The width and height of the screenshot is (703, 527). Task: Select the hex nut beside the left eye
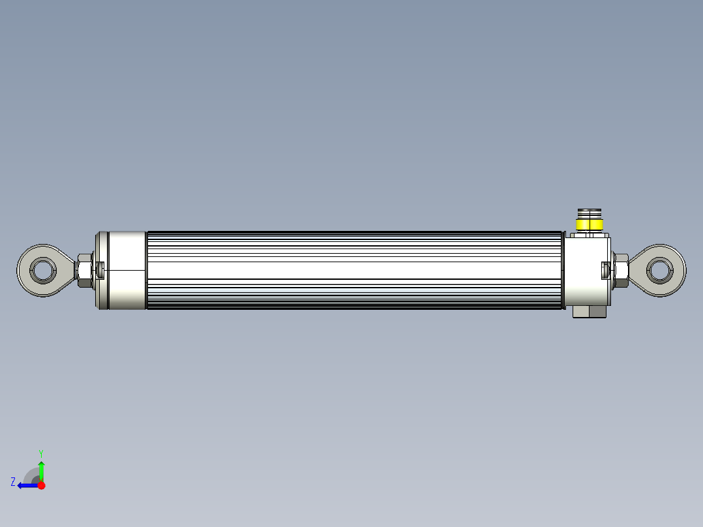click(x=84, y=270)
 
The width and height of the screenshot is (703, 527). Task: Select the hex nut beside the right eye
click(x=620, y=270)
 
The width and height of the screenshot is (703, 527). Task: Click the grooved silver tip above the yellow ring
click(x=588, y=214)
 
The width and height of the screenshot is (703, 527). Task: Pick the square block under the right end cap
click(x=589, y=312)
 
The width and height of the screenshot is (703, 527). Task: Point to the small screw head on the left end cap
click(x=100, y=269)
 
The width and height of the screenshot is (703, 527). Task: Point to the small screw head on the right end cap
click(x=605, y=269)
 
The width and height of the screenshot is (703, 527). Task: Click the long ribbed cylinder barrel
click(x=355, y=270)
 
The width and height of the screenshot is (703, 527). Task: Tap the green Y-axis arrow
click(x=41, y=470)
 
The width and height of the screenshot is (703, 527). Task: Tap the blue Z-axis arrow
click(x=26, y=485)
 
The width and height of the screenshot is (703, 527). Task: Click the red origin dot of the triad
click(x=41, y=485)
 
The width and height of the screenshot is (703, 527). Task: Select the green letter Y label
click(x=41, y=453)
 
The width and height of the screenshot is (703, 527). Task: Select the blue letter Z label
click(x=13, y=482)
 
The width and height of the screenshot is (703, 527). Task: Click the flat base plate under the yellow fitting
click(x=588, y=235)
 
